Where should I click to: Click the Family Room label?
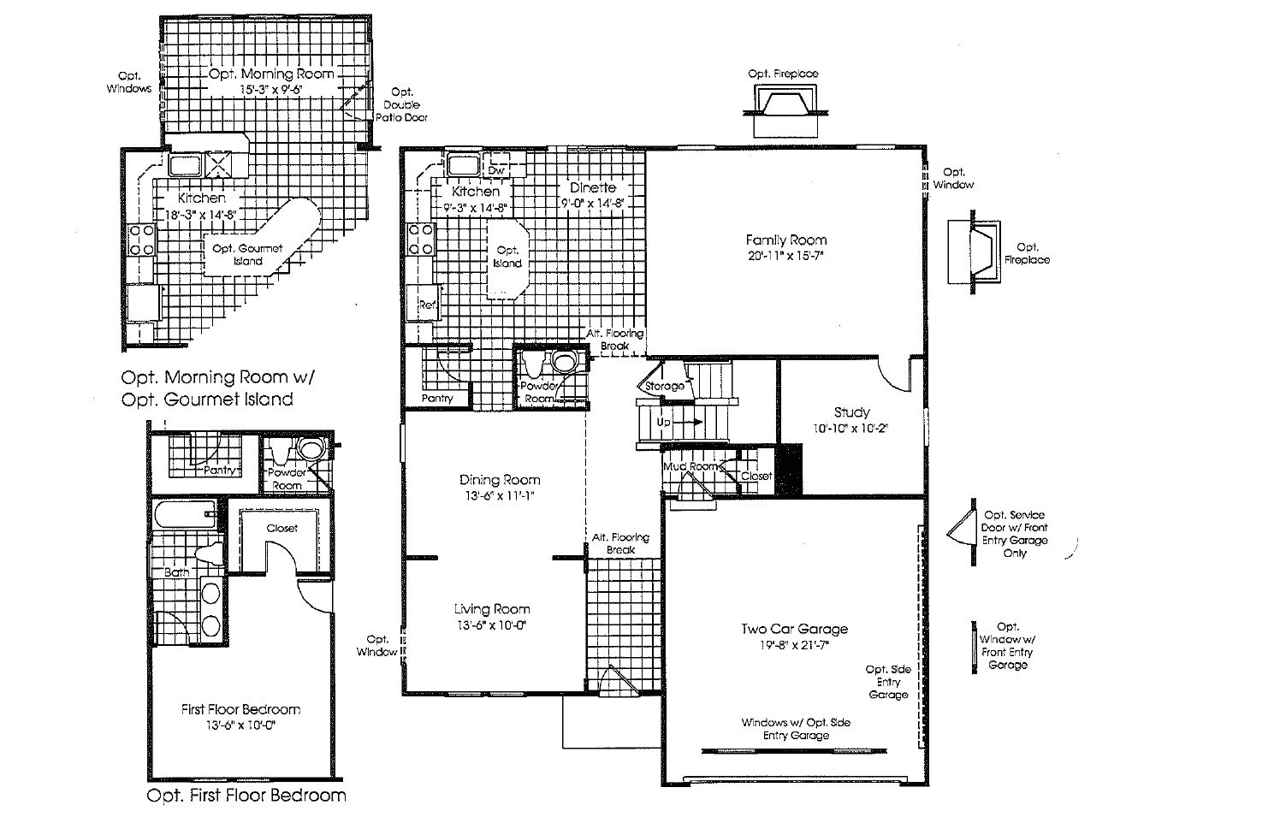(x=785, y=240)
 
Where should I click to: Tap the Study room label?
(x=851, y=412)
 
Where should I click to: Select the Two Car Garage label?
(x=794, y=630)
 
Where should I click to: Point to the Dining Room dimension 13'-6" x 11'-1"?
(x=501, y=495)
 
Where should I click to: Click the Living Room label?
(x=491, y=609)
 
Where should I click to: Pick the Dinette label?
(x=593, y=188)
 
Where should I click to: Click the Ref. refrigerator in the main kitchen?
(x=427, y=305)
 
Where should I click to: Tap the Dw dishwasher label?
(x=495, y=170)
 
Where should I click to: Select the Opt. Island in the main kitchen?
(x=507, y=257)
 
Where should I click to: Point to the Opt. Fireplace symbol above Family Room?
(x=782, y=105)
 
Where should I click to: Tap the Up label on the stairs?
(x=664, y=423)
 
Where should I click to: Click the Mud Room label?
(x=689, y=466)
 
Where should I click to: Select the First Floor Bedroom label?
(x=240, y=709)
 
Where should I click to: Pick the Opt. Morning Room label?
(x=271, y=74)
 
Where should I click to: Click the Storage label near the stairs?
(x=664, y=387)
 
